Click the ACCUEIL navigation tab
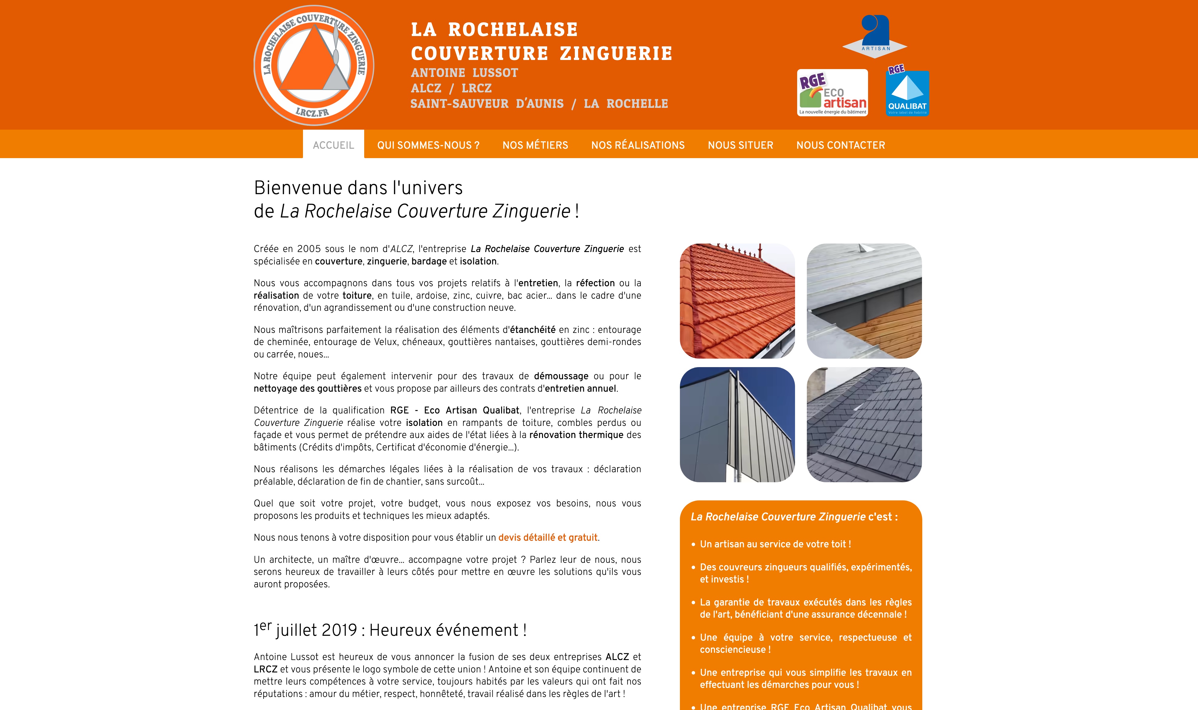(x=334, y=145)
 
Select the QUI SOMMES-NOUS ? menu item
(x=428, y=145)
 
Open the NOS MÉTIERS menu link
(x=535, y=145)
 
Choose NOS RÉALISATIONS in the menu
(x=638, y=145)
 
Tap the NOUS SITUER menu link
(x=740, y=145)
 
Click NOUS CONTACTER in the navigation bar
(x=840, y=145)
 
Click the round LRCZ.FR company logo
(x=314, y=65)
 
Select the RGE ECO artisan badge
(x=833, y=93)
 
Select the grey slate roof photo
(x=864, y=424)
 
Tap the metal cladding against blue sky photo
(x=737, y=424)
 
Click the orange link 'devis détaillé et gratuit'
(x=548, y=537)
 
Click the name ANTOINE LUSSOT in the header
(x=464, y=73)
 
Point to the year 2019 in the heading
(x=339, y=630)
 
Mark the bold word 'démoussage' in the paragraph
(x=561, y=376)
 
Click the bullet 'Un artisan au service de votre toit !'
(x=775, y=544)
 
